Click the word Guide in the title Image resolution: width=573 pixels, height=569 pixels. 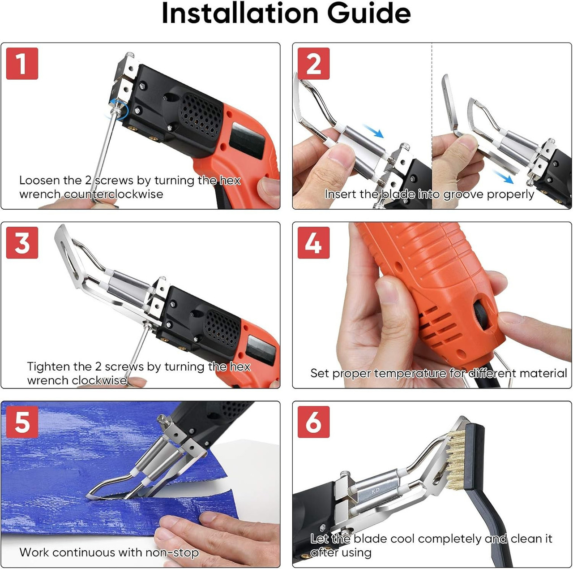(x=368, y=13)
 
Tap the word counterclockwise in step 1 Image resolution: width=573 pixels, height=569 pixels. (x=113, y=194)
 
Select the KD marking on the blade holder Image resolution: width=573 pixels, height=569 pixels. (x=375, y=491)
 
